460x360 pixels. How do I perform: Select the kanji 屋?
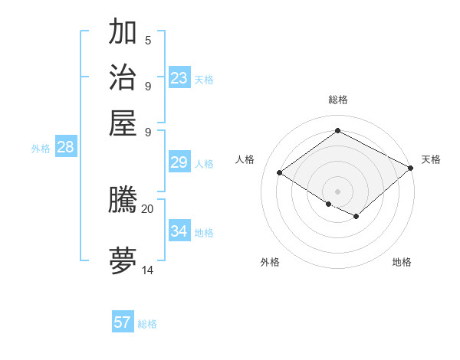[x=123, y=122]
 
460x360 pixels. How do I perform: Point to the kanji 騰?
[x=123, y=200]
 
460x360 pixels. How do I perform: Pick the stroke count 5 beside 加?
[x=148, y=40]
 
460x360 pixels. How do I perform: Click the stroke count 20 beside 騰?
[x=148, y=208]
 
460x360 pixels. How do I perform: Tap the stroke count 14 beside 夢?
[x=148, y=270]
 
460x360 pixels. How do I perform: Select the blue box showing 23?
[x=179, y=78]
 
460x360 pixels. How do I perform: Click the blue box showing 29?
[x=179, y=162]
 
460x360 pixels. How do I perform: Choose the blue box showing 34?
[x=179, y=231]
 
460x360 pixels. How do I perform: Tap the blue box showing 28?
[x=65, y=148]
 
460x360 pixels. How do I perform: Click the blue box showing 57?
[x=123, y=322]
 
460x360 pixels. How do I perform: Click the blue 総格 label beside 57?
[x=147, y=324]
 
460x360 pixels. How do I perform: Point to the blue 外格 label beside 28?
[x=41, y=149]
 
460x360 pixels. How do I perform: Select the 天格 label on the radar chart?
[x=431, y=159]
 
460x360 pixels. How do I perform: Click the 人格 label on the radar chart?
[x=245, y=159]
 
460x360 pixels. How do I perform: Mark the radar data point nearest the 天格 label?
[x=411, y=169]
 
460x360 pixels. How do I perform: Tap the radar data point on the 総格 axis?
[x=337, y=130]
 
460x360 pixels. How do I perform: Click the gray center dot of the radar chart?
[x=337, y=191]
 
